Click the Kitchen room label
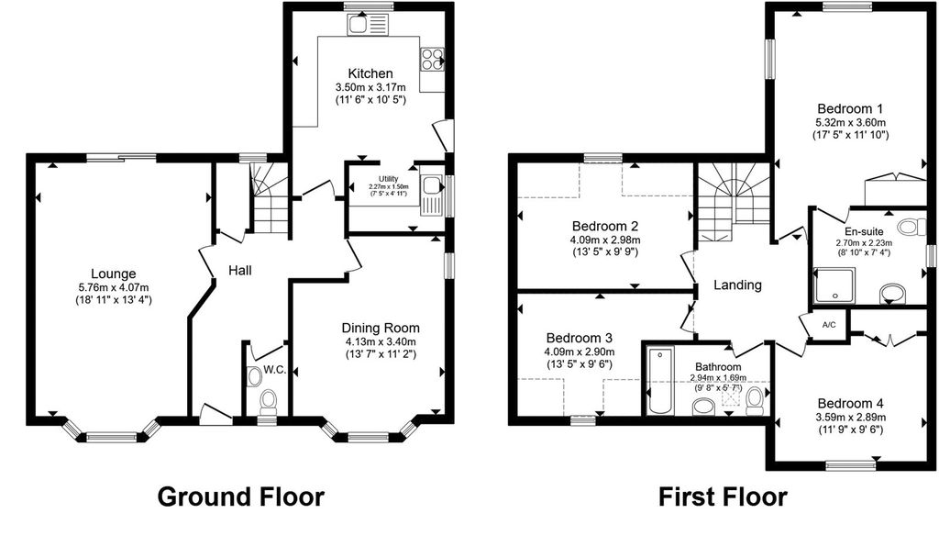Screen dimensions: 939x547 pos(370,73)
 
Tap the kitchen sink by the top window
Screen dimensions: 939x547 pos(368,25)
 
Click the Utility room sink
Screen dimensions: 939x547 pos(431,195)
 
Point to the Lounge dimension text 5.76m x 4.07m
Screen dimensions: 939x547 pos(113,287)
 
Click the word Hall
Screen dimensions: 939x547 pos(240,271)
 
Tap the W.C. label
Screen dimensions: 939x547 pos(274,370)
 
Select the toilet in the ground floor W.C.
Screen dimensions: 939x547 pos(268,401)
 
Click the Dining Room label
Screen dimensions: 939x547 pos(381,329)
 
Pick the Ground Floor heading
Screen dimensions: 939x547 pos(241,497)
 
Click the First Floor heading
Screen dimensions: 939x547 pos(723,497)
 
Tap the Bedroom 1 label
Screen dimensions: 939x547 pos(850,109)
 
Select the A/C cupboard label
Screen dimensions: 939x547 pos(829,325)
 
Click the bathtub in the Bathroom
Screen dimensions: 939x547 pos(660,379)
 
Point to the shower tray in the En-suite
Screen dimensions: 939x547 pos(834,284)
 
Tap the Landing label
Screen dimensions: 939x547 pos(737,285)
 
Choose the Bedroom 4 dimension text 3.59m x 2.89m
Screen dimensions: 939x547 pos(850,417)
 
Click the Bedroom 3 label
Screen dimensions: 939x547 pos(579,339)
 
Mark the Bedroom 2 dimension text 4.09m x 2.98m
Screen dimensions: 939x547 pos(605,240)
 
